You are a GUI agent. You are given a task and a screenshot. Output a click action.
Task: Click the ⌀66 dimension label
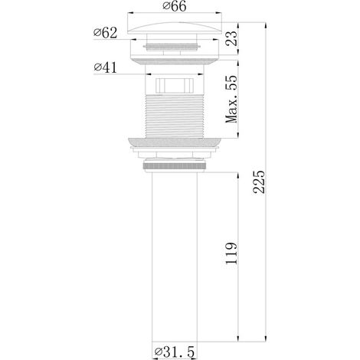coord(175,6)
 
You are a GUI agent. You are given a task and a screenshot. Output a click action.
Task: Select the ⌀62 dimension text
coord(106,33)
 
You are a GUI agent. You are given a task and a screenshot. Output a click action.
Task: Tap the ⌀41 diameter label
coord(105,67)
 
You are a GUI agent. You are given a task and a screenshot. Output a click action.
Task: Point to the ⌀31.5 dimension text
coord(175,352)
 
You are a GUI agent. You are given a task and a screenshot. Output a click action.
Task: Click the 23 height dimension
coord(231,38)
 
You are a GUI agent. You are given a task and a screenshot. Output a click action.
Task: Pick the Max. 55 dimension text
coord(231,100)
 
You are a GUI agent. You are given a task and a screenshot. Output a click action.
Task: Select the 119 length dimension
coord(231,254)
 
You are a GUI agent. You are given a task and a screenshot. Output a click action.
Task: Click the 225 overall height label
coord(259,182)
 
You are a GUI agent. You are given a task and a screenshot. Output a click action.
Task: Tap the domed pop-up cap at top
coord(175,28)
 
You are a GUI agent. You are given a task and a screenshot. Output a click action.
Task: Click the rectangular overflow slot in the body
coord(175,86)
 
